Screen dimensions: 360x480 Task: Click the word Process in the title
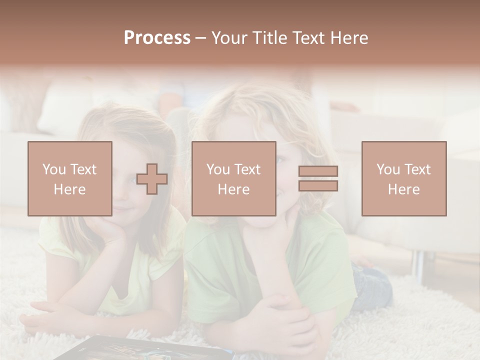(x=157, y=38)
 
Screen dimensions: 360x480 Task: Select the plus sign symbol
(x=152, y=179)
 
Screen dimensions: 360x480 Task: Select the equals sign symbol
(x=318, y=178)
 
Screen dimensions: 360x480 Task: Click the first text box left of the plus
(x=70, y=178)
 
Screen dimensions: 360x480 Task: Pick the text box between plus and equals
(x=234, y=178)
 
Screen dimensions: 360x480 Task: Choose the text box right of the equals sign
(x=404, y=178)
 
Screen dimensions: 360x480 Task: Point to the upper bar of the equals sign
(x=318, y=171)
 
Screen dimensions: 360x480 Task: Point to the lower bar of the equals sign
(x=318, y=186)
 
